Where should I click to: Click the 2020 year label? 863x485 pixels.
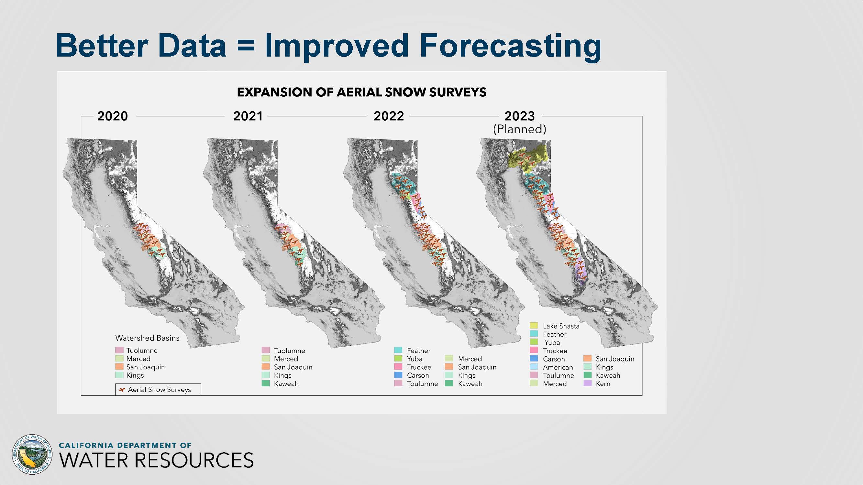coord(113,116)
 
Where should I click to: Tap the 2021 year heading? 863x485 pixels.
coord(248,116)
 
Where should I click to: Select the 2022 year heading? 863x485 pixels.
coord(389,116)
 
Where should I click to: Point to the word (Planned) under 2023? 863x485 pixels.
coord(520,129)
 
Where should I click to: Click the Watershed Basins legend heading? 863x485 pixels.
coord(148,338)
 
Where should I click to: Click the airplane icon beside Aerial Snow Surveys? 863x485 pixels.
coord(122,390)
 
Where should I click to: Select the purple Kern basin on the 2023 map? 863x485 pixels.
coord(581,273)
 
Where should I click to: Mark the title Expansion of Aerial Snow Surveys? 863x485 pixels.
coord(361,92)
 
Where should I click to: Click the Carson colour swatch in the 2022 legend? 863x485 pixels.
coord(398,375)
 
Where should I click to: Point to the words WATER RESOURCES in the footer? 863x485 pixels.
coord(156,460)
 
